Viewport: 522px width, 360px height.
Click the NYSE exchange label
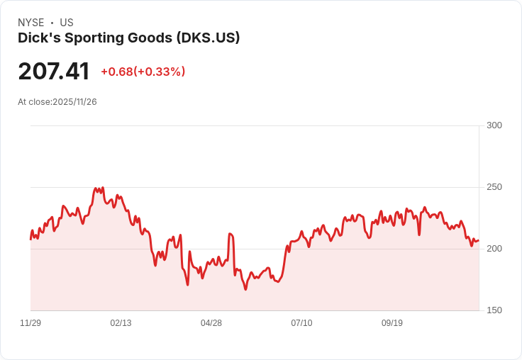click(x=30, y=23)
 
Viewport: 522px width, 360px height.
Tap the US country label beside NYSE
click(x=67, y=23)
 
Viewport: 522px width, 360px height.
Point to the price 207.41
click(x=54, y=72)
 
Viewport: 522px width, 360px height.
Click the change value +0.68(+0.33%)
click(x=143, y=72)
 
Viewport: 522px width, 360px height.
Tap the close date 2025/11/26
click(x=74, y=102)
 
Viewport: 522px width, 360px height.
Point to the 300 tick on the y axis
click(x=494, y=125)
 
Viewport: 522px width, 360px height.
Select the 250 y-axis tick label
click(x=494, y=187)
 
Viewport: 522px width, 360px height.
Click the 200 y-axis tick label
click(x=494, y=249)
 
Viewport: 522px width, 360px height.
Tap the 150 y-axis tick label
click(x=494, y=310)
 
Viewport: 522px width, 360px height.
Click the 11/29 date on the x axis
click(x=30, y=323)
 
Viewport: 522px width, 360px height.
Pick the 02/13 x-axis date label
click(x=121, y=323)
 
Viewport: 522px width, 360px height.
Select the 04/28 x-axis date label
click(x=211, y=323)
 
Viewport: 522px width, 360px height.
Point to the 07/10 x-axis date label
click(x=301, y=323)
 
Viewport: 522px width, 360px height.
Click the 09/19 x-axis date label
click(x=392, y=323)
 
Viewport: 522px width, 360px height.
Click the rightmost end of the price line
click(x=479, y=241)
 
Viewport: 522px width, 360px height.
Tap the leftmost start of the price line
click(x=30, y=240)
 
